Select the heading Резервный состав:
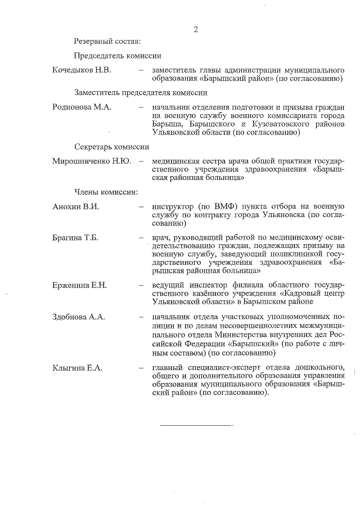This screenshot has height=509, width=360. click(x=107, y=40)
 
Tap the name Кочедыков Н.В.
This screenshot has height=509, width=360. click(x=82, y=70)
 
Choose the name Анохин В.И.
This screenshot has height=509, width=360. click(x=75, y=206)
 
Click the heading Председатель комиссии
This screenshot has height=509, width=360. click(x=118, y=55)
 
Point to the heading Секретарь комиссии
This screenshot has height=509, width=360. click(x=111, y=147)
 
